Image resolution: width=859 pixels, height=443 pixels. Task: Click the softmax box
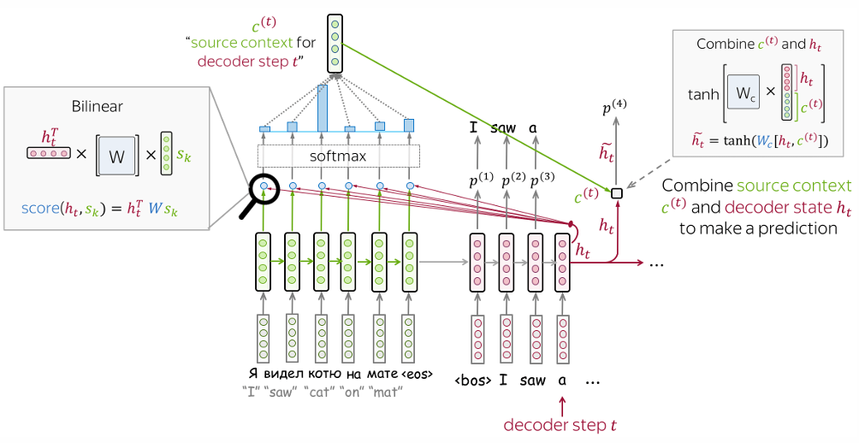339,156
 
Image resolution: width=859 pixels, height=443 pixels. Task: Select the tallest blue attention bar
323,108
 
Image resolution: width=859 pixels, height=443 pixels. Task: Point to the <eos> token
416,374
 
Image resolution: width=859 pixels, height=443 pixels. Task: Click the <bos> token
472,380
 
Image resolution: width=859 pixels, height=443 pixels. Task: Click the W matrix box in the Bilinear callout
117,155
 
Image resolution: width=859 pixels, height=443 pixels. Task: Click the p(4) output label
613,108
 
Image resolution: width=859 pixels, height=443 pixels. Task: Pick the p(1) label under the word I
479,180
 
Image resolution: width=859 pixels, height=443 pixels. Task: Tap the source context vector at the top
335,44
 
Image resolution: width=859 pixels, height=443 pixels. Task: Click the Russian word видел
281,374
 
